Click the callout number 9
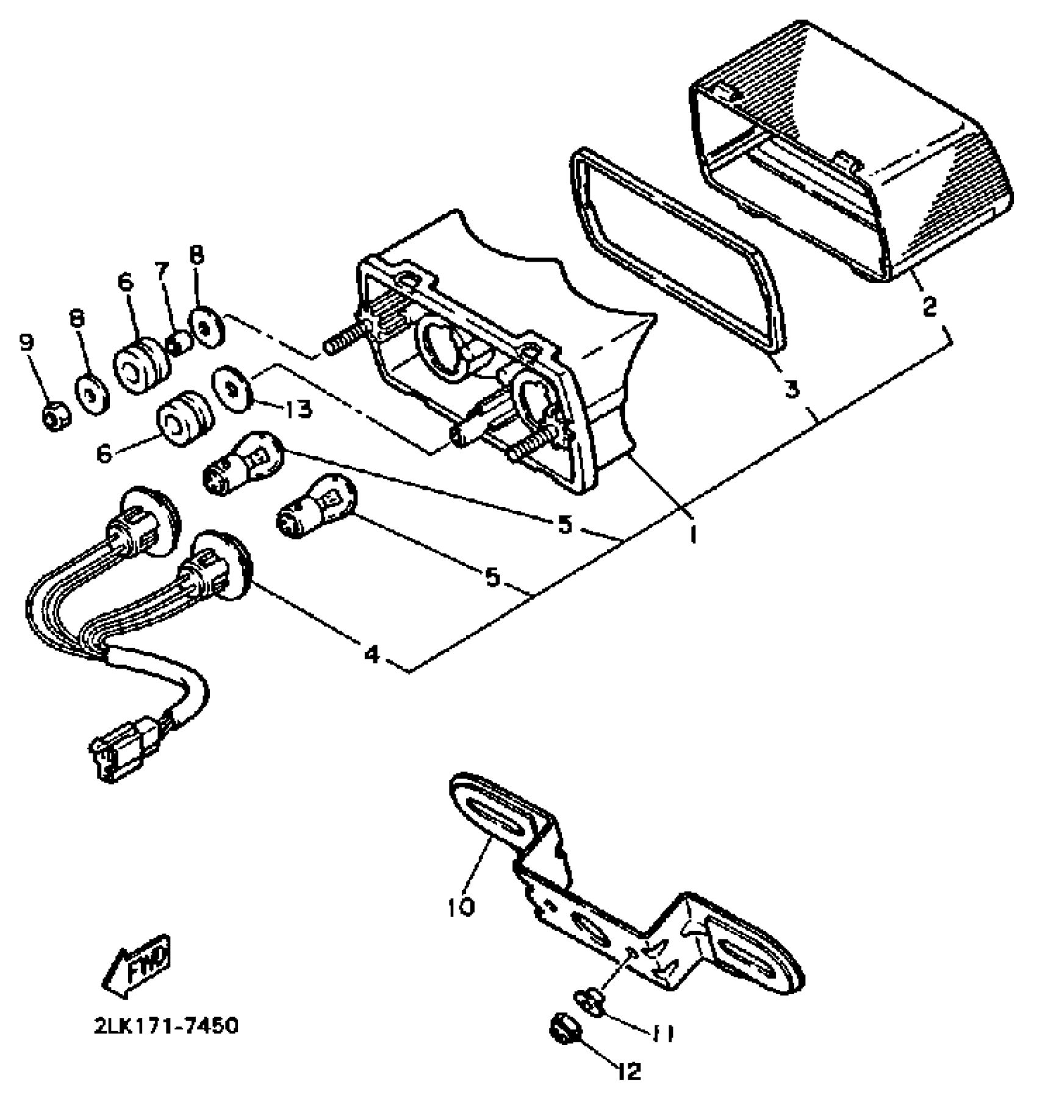(x=27, y=344)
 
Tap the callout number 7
(x=162, y=271)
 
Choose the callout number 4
(x=372, y=654)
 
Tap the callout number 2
(x=928, y=307)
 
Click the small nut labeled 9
(x=56, y=417)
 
